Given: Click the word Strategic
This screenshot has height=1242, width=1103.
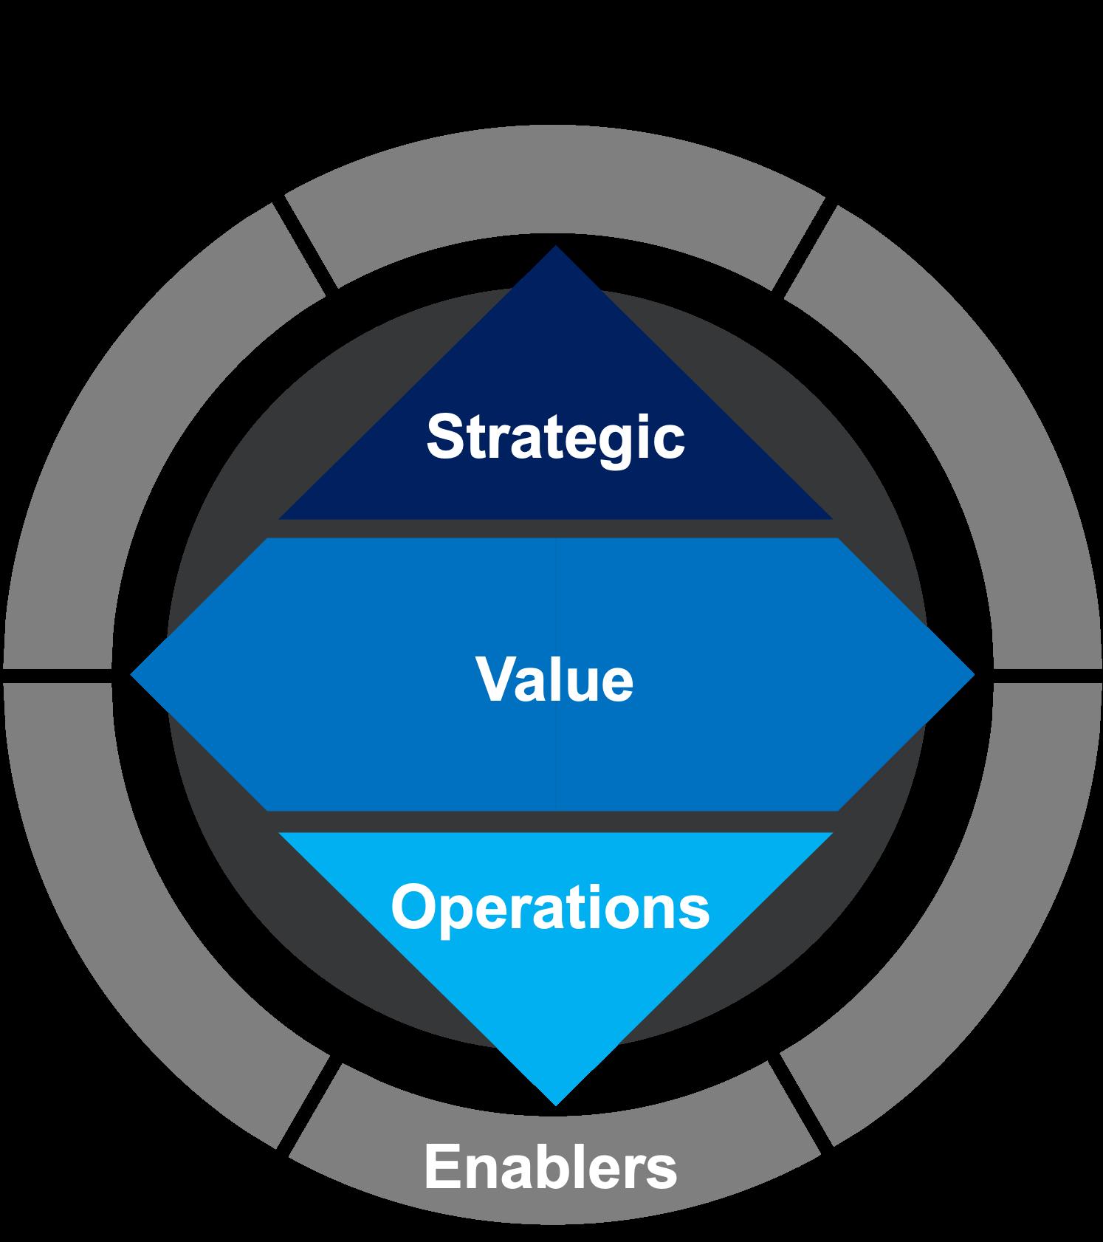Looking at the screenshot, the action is tap(555, 436).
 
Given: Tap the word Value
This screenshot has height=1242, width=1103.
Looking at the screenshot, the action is tap(554, 679).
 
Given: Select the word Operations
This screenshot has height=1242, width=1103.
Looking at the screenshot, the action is tap(550, 907).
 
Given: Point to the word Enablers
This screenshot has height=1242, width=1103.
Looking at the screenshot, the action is tap(550, 1167).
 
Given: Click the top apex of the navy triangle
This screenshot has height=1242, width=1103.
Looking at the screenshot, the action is tap(555, 249).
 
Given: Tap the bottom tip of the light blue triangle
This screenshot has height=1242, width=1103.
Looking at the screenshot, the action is tap(555, 1103).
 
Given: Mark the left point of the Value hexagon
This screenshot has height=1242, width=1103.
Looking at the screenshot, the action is tap(134, 673).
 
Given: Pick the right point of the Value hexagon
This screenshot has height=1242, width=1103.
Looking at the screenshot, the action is tap(972, 673).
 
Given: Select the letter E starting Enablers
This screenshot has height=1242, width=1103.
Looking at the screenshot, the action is tap(441, 1167).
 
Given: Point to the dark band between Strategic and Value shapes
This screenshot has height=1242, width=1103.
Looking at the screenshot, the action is tap(555, 528).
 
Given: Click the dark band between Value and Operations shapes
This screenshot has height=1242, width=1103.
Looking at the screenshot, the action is tap(555, 821).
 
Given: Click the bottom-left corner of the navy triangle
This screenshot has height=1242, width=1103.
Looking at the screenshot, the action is tap(283, 517).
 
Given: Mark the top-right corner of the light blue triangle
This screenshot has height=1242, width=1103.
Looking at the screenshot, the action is tap(830, 834).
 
